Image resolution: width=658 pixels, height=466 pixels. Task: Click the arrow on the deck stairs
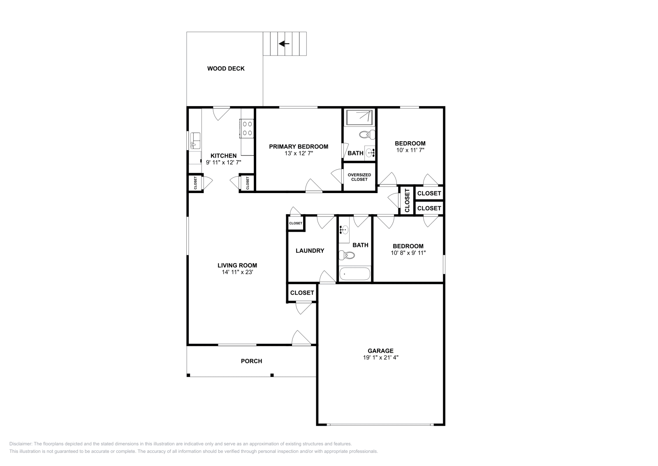pos(284,44)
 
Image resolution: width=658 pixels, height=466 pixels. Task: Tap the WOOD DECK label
pos(226,69)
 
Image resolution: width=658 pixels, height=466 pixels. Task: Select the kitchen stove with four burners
pos(247,128)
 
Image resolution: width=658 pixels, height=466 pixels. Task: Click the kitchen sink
pos(195,140)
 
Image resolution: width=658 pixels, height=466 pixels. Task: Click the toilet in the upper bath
pos(366,134)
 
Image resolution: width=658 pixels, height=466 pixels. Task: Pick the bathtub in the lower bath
pos(354,274)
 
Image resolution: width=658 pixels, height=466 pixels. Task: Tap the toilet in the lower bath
pos(347,256)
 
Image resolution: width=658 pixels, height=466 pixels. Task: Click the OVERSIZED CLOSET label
pos(359,177)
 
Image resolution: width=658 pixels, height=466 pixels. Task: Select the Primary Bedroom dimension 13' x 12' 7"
pos(299,153)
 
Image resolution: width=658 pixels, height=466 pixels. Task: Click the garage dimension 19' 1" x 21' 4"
pos(380,358)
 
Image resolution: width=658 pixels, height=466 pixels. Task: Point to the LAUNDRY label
pos(310,251)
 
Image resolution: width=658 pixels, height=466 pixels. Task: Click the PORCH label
pos(251,361)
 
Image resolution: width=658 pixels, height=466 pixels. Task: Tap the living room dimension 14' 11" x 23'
pos(237,272)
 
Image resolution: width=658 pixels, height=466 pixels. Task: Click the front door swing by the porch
pos(301,338)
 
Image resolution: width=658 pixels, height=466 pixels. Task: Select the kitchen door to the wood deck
pos(221,113)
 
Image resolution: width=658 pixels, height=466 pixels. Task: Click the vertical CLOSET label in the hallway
pos(407,200)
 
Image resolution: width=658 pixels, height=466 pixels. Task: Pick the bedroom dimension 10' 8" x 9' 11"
pos(408,253)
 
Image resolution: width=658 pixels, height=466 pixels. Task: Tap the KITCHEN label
pos(223,156)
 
